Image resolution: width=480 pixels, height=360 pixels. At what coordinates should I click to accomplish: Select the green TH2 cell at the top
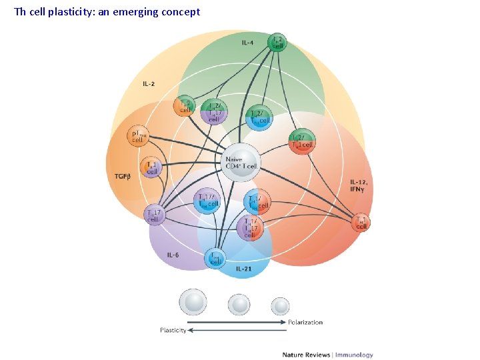click(277, 43)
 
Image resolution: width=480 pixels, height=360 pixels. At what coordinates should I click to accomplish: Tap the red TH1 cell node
click(361, 222)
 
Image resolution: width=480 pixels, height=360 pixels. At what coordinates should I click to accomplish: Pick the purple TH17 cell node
click(153, 215)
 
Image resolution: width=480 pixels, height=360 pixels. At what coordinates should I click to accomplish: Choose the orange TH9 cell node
click(184, 105)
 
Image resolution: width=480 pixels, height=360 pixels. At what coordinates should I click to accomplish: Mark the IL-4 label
click(247, 43)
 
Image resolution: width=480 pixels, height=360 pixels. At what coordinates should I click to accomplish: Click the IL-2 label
click(149, 85)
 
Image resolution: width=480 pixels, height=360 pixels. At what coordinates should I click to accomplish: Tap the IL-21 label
click(244, 269)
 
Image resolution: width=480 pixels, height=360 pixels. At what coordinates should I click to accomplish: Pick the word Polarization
click(305, 322)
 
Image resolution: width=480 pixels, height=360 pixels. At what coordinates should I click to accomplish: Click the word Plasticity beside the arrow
click(173, 331)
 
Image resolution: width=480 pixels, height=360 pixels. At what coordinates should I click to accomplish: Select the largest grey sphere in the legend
click(193, 302)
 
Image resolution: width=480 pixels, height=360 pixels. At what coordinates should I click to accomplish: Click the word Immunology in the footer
click(354, 355)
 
